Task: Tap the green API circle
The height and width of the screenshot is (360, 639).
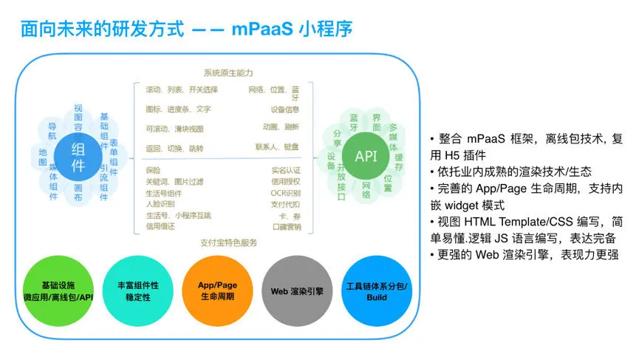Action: point(366,157)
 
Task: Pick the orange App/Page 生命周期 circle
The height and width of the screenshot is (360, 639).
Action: point(217,291)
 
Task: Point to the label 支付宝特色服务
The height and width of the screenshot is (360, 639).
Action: point(228,242)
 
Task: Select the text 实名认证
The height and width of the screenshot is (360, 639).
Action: point(285,171)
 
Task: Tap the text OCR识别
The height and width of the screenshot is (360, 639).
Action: point(285,193)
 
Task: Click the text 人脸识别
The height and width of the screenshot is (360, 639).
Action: point(160,204)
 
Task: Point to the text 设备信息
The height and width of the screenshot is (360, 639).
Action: point(284,109)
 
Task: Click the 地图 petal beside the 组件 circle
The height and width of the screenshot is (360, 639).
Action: point(43,157)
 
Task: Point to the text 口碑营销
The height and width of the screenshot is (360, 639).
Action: point(285,226)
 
